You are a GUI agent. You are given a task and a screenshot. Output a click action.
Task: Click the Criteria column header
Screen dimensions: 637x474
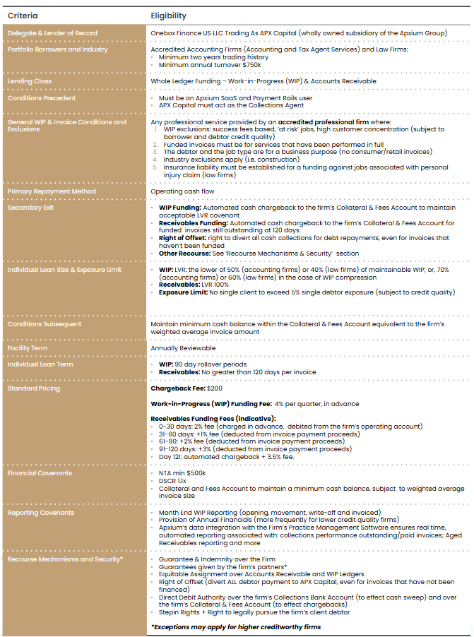coord(23,16)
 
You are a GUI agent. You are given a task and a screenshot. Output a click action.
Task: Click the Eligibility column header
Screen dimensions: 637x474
coord(168,16)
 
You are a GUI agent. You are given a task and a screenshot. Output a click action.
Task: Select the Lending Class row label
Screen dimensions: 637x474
coord(29,81)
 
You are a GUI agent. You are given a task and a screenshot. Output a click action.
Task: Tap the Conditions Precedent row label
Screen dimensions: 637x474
coord(42,98)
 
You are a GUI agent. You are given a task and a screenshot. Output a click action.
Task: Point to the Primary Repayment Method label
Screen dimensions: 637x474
coord(52,191)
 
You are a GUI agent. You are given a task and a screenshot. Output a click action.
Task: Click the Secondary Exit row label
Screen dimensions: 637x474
coord(31,208)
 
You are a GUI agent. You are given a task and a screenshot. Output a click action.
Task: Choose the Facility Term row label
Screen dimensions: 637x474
coord(28,348)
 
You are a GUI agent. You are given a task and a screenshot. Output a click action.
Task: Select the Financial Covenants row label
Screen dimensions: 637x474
coord(40,473)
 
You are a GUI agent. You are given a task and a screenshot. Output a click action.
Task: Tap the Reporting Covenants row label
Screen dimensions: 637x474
coord(41,513)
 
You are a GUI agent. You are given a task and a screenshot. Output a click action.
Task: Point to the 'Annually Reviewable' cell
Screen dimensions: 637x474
coord(183,348)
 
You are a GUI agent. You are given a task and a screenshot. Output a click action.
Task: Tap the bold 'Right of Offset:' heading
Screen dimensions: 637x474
coord(182,239)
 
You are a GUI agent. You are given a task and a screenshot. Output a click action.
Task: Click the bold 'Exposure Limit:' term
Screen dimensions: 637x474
coord(183,292)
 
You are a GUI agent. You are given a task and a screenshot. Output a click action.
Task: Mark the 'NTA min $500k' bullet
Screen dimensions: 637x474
coord(182,473)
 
